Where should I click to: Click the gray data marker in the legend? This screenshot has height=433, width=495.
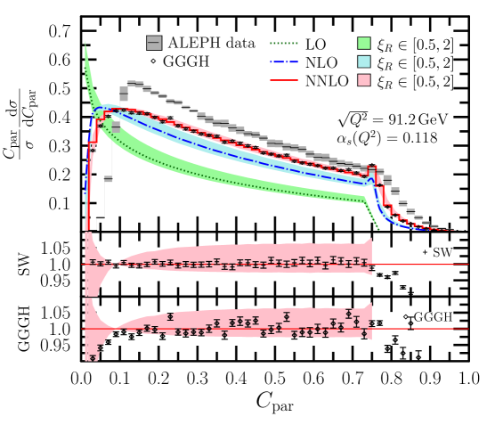click(154, 43)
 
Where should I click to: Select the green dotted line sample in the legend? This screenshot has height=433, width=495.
click(284, 43)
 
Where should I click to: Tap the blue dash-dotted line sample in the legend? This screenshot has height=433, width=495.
click(284, 62)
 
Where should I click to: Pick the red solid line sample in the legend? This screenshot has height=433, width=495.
click(284, 80)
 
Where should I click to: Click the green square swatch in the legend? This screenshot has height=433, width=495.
click(363, 43)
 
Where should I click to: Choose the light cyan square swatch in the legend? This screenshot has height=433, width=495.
click(363, 61)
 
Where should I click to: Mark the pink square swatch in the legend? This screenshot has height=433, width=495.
click(363, 80)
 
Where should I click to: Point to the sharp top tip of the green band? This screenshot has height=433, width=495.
click(85, 41)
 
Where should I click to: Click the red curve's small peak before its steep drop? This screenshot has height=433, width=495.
click(372, 167)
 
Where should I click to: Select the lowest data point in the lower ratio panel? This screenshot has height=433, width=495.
click(93, 357)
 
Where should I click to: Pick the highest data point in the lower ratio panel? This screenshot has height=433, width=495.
click(348, 314)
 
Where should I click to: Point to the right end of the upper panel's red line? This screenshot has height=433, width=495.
click(469, 264)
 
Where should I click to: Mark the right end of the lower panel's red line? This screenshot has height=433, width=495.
click(469, 329)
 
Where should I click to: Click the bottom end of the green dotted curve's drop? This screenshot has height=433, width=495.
click(379, 229)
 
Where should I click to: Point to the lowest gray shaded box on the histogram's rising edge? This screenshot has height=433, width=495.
click(116, 127)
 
